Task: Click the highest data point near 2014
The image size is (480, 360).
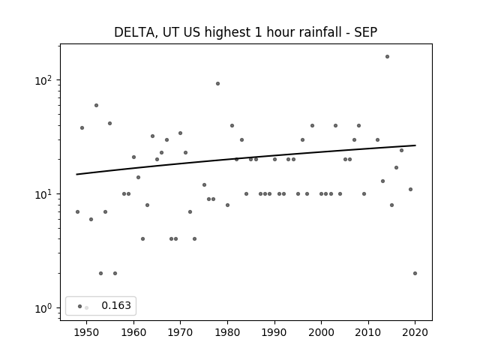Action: pos(387,57)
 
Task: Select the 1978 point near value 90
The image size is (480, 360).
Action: pos(217,83)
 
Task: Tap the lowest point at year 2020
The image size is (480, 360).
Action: pos(415,273)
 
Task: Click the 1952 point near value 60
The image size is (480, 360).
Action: pos(96,105)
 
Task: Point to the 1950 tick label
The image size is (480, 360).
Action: pos(87,332)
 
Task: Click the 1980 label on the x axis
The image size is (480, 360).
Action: pos(227,332)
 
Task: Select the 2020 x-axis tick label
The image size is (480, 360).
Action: pos(415,332)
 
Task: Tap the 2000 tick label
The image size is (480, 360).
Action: pos(322,332)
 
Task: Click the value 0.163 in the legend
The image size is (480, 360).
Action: pos(116,305)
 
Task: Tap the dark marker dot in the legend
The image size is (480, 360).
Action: pos(79,306)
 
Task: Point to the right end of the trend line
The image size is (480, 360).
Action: pos(415,145)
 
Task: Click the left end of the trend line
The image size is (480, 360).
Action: pos(76,175)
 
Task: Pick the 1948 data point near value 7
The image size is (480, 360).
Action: pos(77,211)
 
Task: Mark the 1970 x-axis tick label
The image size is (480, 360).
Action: pos(180,332)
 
